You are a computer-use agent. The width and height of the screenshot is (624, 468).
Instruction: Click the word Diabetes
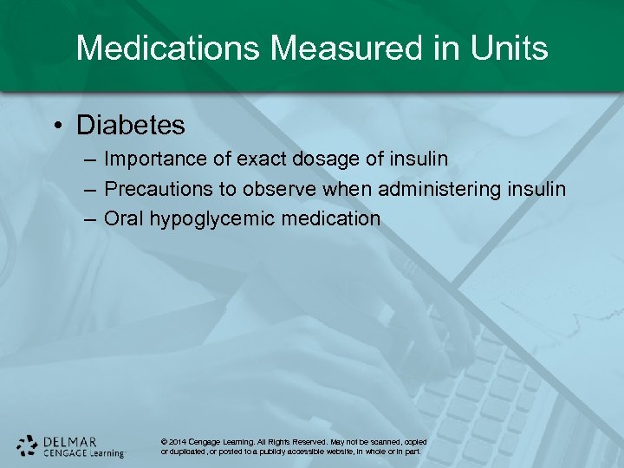[131, 125]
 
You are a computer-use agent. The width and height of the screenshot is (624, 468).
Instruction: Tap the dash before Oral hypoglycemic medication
[90, 218]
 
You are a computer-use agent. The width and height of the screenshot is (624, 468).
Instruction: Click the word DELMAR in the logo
[69, 440]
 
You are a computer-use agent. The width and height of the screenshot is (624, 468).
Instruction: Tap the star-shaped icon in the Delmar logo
[27, 445]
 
